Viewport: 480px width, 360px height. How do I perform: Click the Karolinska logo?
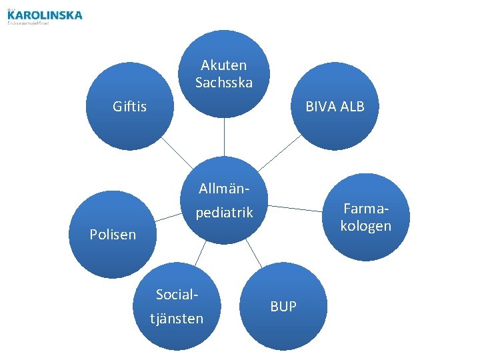[x=45, y=16]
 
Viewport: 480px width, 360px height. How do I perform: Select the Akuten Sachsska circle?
[x=224, y=74]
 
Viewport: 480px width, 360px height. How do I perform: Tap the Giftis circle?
[x=130, y=107]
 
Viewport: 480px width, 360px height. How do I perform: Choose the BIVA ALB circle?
[x=335, y=107]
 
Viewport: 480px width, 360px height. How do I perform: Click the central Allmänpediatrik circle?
[x=224, y=200]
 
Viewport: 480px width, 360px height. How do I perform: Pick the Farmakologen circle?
[x=365, y=217]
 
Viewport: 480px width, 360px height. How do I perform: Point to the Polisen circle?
[x=113, y=234]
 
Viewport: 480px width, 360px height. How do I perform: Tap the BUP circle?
[x=283, y=307]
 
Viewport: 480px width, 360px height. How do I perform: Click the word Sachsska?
[x=224, y=83]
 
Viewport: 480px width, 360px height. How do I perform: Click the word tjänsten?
[x=177, y=319]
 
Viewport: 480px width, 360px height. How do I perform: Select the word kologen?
[x=365, y=226]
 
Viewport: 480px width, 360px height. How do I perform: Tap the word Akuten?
[x=224, y=65]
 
